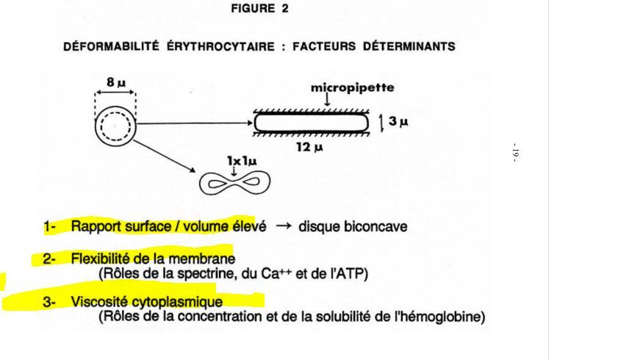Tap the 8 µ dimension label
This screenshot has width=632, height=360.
(x=115, y=82)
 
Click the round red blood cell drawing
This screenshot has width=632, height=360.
(x=115, y=126)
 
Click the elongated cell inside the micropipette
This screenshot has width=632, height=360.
(x=312, y=123)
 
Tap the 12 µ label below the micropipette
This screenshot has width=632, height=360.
(x=307, y=148)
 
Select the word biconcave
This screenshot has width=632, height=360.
(x=376, y=227)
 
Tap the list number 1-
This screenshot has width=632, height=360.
(x=49, y=227)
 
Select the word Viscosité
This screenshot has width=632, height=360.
(x=98, y=301)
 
